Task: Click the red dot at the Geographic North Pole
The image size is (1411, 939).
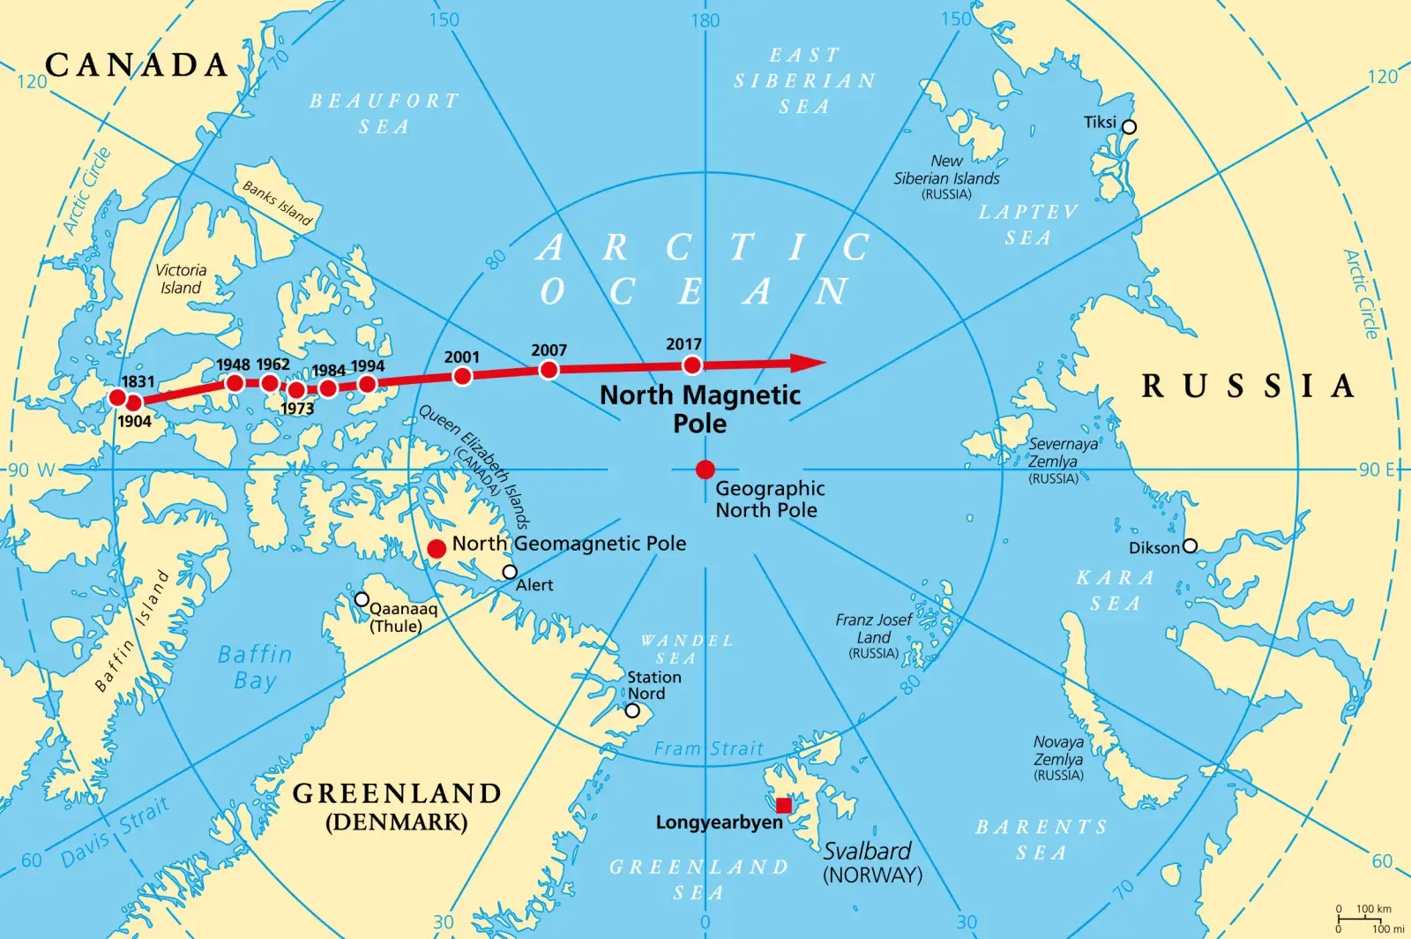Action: pos(705,470)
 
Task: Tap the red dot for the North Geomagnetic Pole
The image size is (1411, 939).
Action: pos(437,549)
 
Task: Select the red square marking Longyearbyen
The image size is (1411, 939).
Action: pos(783,805)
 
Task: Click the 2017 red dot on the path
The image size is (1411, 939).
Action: pos(692,365)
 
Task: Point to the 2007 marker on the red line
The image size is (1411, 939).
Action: pos(549,370)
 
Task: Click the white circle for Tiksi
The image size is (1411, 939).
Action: pos(1129,127)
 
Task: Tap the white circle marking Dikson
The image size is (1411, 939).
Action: pos(1190,546)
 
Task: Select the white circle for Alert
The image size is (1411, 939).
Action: pos(510,572)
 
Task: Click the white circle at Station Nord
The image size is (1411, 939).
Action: pos(632,710)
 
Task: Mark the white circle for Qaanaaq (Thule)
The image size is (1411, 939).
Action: pos(362,599)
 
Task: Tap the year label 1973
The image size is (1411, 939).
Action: pos(297,409)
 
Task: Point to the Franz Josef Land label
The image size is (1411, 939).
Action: pos(873,628)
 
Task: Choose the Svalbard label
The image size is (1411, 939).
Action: pos(867,851)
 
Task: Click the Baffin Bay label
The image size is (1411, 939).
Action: pos(255,667)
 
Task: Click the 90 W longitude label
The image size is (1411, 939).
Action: pos(32,470)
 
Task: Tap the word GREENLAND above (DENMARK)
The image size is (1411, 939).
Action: pos(397,793)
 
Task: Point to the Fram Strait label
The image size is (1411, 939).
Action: pos(708,749)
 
